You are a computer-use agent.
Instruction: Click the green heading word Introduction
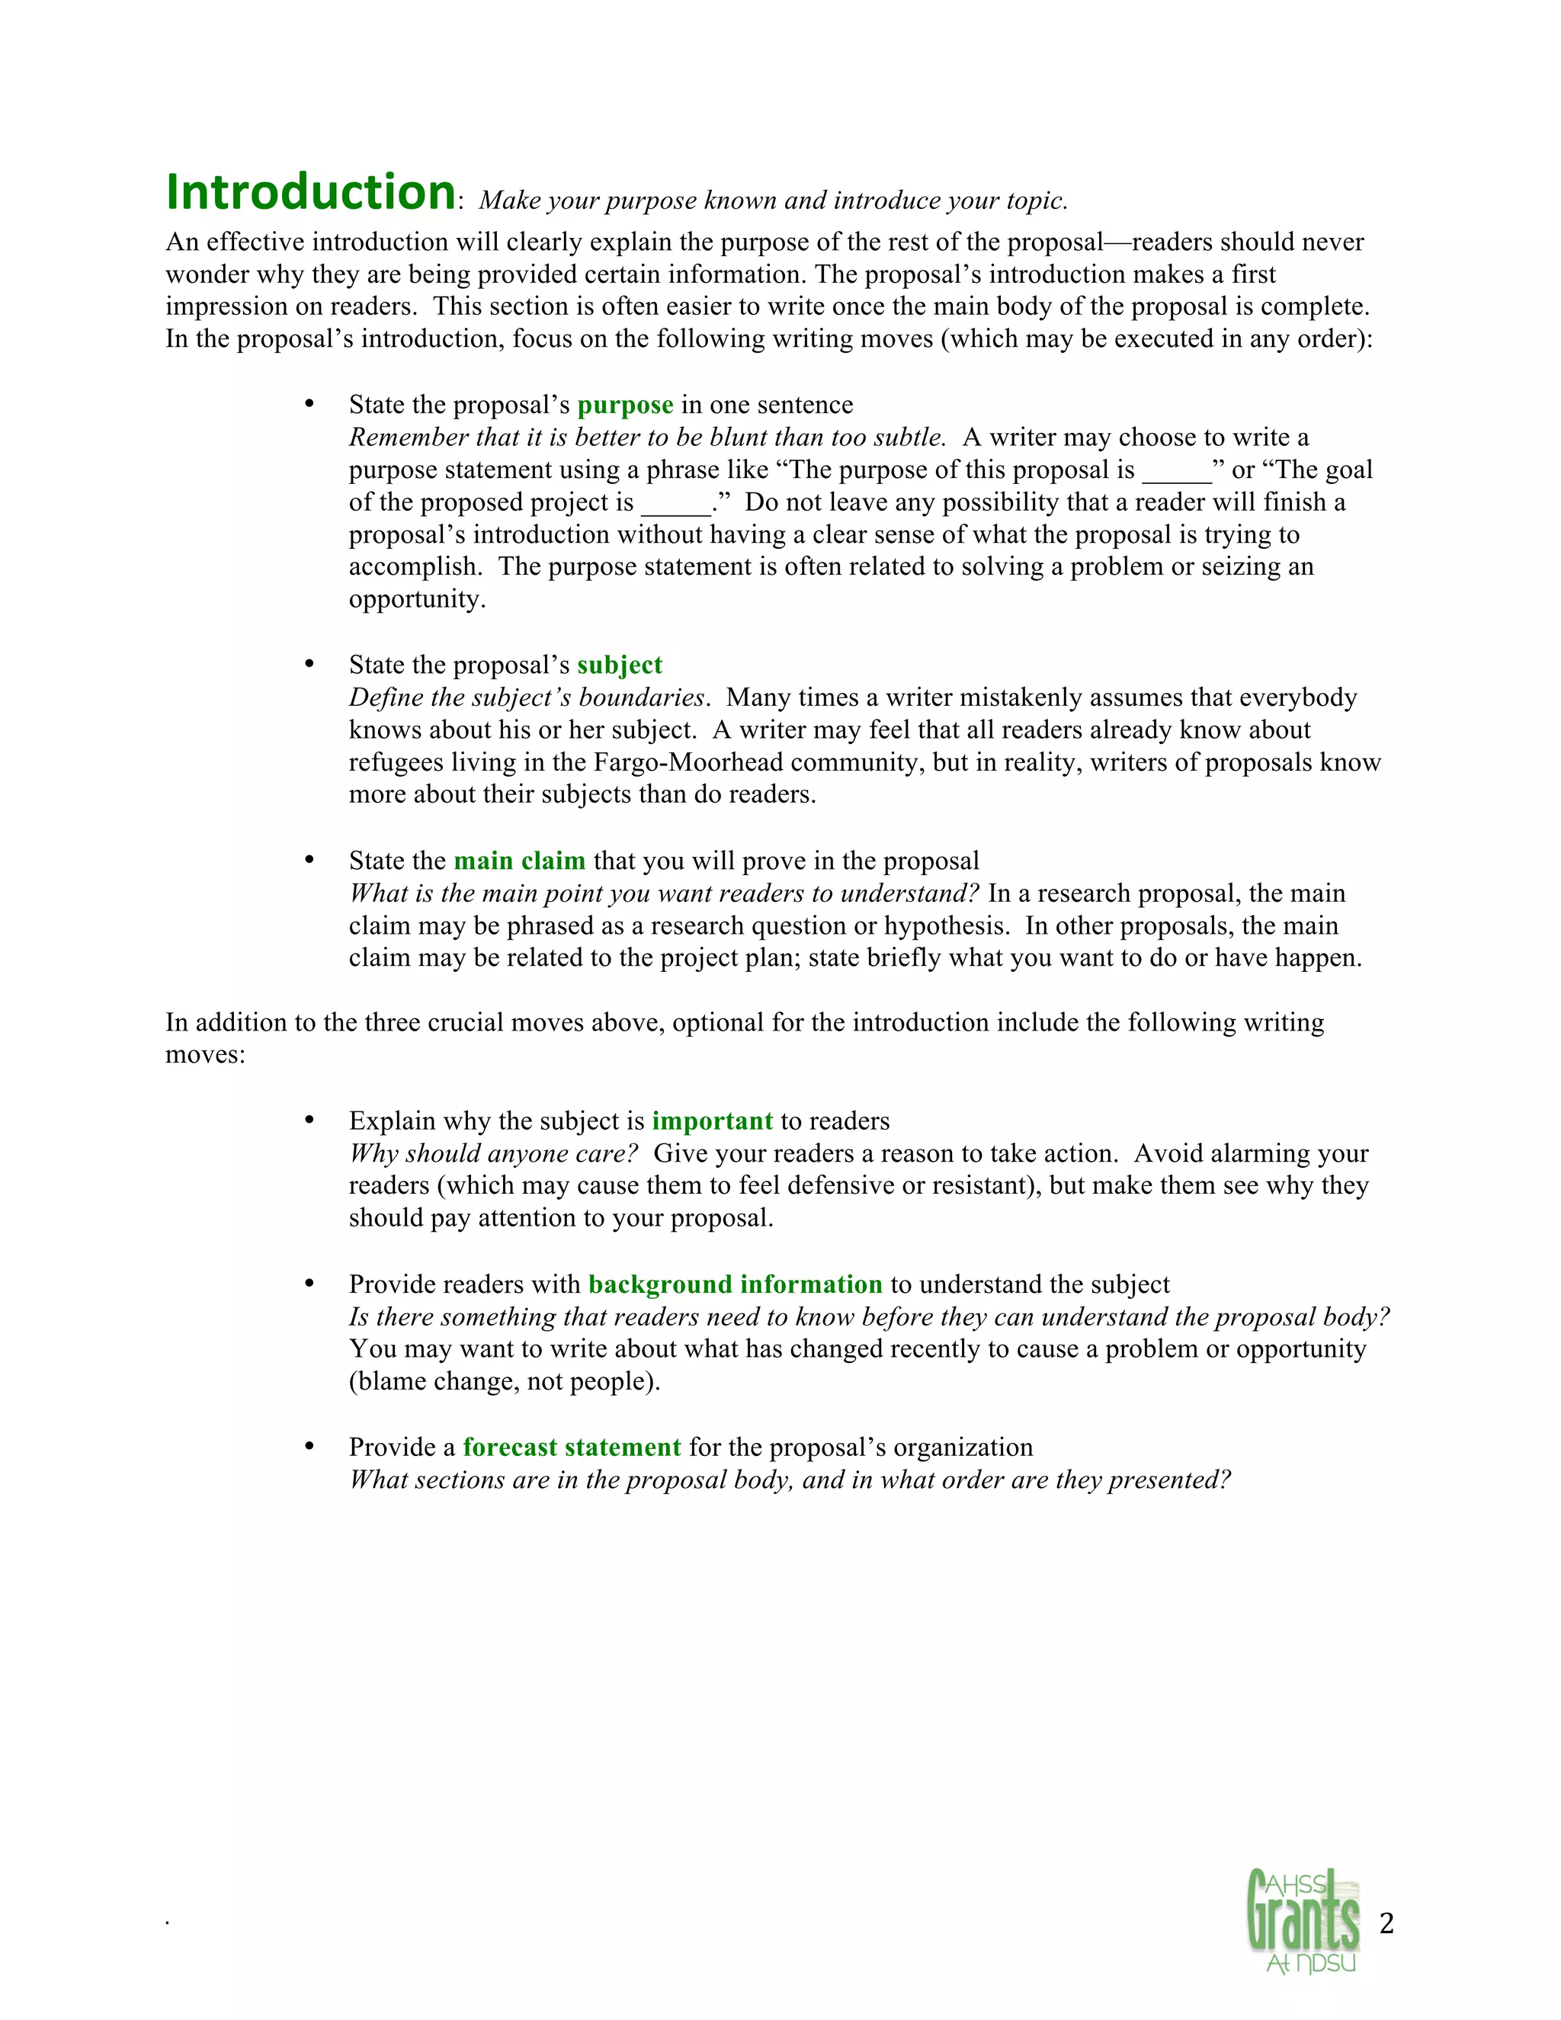(311, 192)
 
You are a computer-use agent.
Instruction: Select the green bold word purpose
(625, 405)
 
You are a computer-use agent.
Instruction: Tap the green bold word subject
(620, 665)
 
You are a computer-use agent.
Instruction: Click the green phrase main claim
(520, 861)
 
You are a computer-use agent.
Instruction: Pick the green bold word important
(712, 1121)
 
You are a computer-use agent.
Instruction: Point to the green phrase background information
(736, 1284)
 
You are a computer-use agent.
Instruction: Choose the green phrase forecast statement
(572, 1448)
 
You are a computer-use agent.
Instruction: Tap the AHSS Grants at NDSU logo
(1304, 1920)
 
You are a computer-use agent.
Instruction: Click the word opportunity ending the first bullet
(416, 600)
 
